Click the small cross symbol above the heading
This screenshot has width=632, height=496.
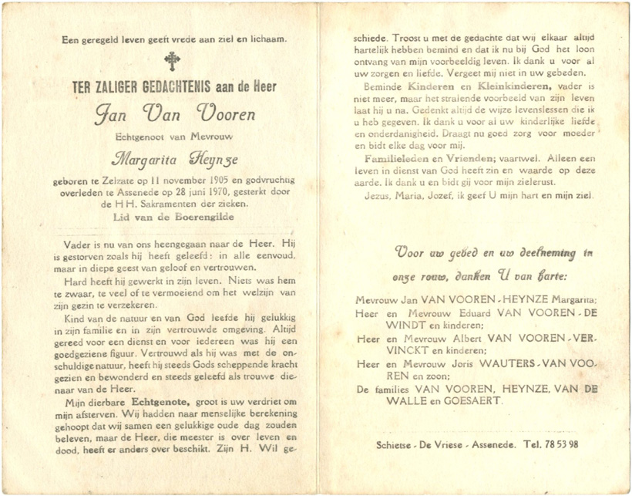tap(170, 62)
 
